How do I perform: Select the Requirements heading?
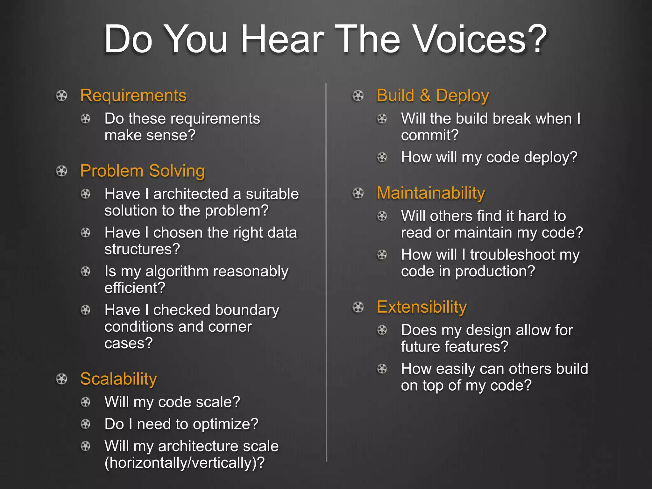coord(133,96)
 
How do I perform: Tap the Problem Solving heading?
coord(142,171)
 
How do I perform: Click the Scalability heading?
coord(118,379)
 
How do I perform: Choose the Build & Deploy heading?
coord(433,96)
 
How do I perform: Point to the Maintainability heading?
coord(431,193)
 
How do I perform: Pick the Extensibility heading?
coord(422,307)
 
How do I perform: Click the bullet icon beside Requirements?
coord(61,96)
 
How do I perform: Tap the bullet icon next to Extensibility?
coord(358,307)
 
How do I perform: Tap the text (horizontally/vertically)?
coord(184,463)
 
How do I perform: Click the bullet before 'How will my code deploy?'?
coord(382,157)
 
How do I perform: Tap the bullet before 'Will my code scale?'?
coord(85,402)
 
